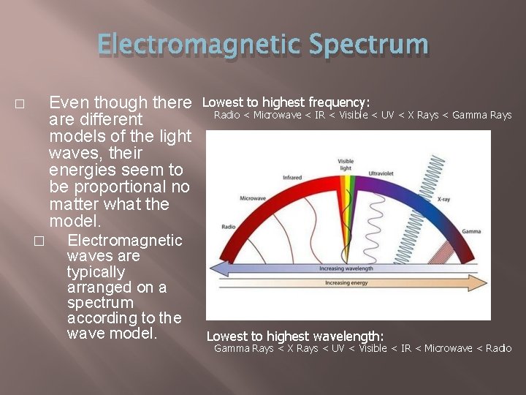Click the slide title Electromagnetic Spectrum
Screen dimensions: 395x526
(263, 44)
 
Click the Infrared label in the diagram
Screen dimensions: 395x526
(292, 177)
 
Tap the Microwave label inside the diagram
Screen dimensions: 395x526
(253, 198)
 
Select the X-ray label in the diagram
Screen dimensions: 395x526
(443, 198)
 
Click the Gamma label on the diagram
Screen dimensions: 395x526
(471, 231)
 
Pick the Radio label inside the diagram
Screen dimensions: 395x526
(228, 226)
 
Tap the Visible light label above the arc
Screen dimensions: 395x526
(346, 165)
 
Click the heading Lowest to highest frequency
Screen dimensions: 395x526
(286, 102)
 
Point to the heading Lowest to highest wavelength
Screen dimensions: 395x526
(294, 336)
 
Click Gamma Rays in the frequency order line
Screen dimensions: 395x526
(482, 115)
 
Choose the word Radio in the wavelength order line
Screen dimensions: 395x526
(498, 348)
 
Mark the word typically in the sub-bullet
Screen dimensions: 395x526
(95, 271)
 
